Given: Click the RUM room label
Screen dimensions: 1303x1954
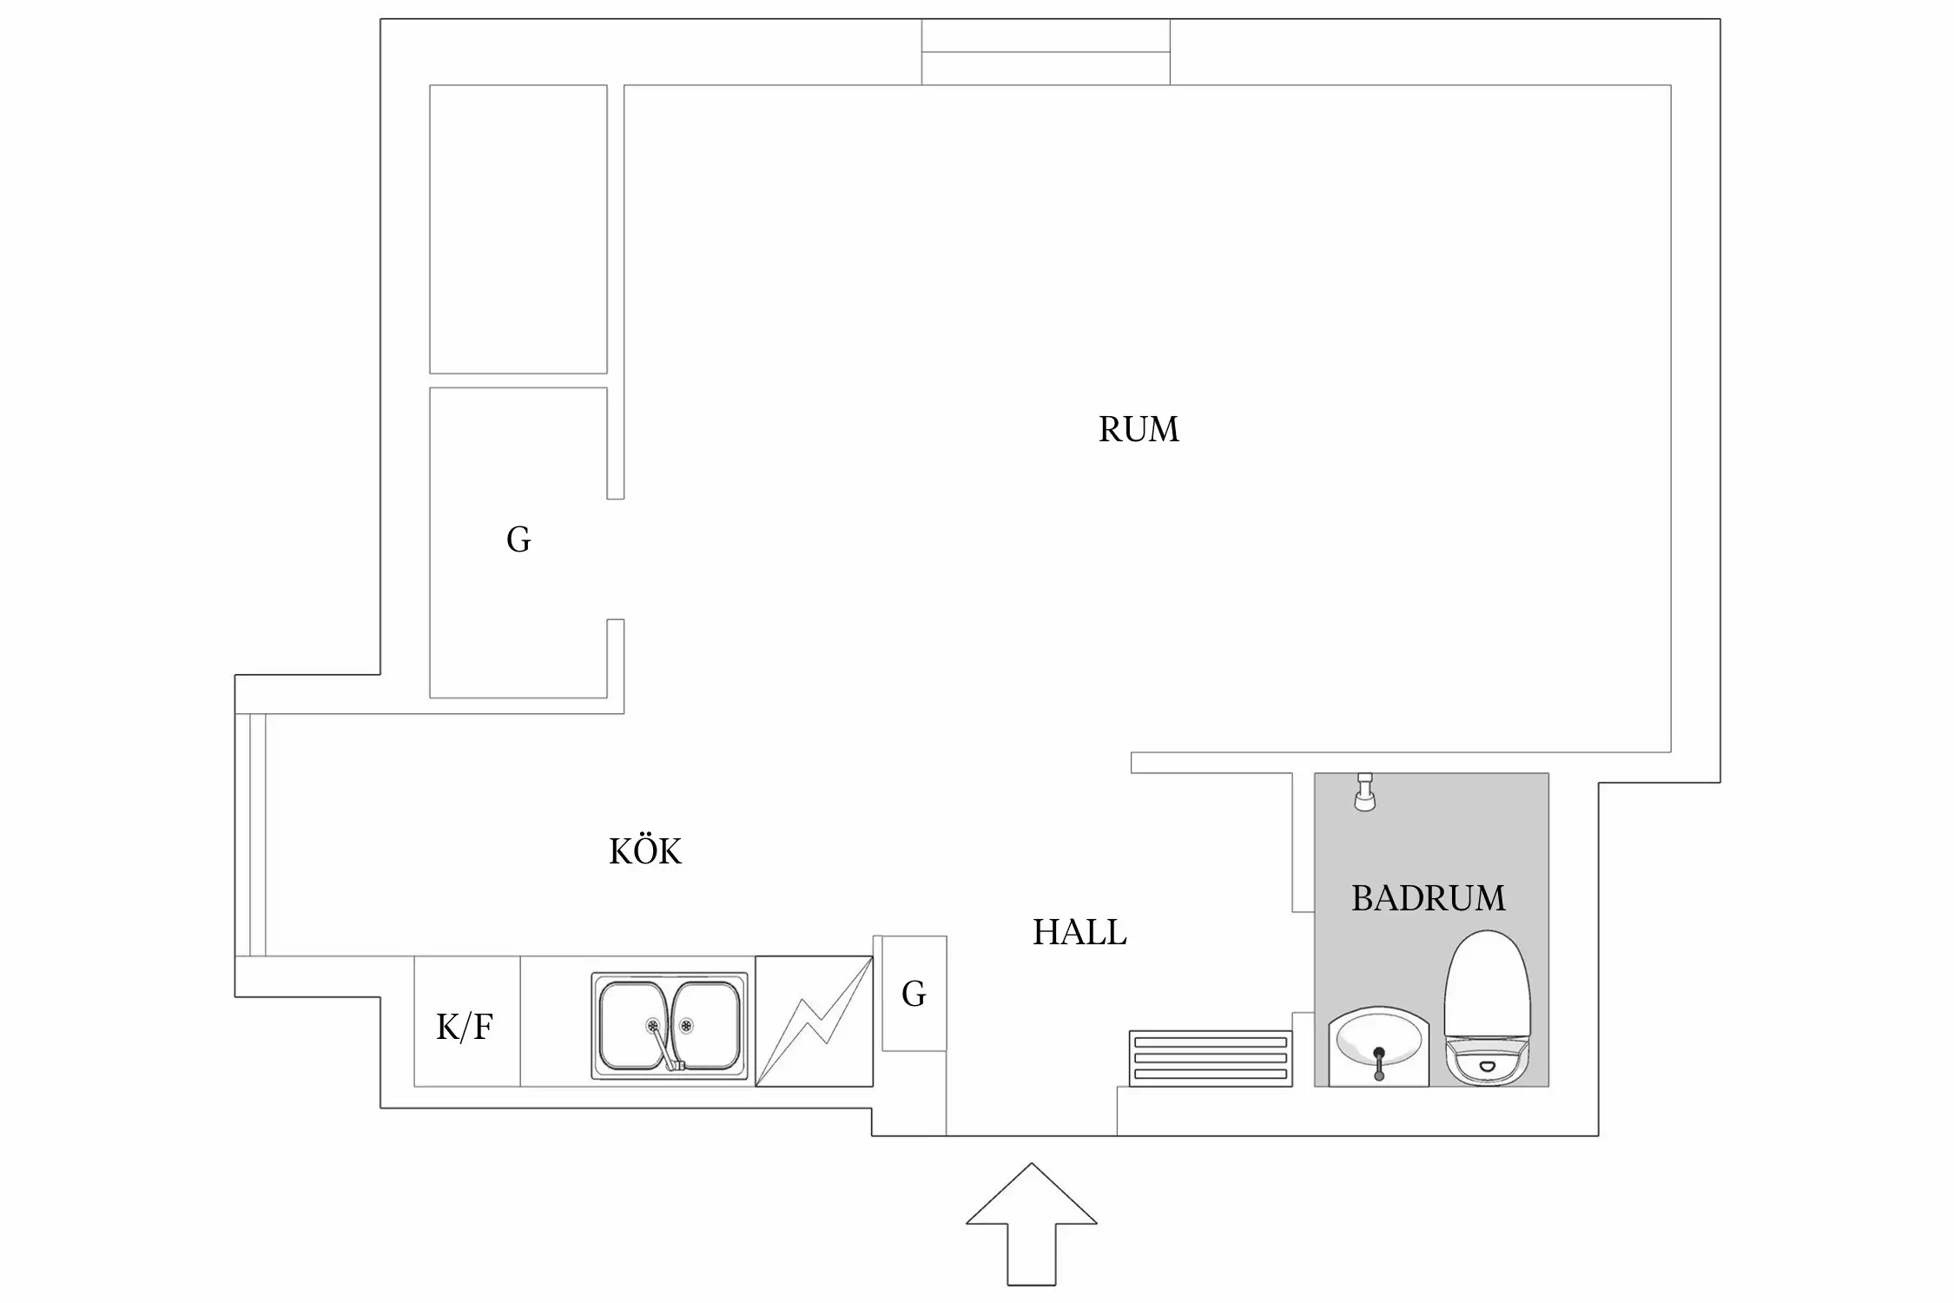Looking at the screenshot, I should tap(1139, 429).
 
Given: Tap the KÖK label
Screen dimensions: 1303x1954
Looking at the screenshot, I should tap(645, 851).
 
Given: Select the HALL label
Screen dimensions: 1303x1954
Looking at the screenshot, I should tap(1079, 932).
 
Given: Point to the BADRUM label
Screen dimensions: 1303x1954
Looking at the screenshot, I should tap(1429, 898).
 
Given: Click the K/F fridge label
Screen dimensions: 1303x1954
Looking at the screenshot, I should tap(465, 1027).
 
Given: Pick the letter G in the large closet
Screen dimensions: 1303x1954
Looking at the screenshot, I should tap(518, 539).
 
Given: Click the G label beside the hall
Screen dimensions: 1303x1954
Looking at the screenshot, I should tap(914, 993).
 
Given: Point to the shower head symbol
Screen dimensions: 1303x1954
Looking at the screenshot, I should tap(1365, 792).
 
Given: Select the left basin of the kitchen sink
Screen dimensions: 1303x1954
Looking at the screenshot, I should tap(634, 1025).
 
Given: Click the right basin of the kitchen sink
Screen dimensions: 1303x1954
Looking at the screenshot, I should tap(705, 1025).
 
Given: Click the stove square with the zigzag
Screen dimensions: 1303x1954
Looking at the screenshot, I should tap(814, 1021).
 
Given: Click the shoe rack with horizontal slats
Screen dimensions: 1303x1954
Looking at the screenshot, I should tap(1211, 1058).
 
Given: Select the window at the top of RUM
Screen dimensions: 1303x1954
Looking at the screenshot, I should tap(1046, 52).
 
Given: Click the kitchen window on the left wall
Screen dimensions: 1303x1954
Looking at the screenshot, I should tap(250, 835).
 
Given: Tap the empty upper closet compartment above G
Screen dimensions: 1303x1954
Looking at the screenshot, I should tap(518, 228).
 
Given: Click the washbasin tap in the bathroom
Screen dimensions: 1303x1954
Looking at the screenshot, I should tap(1379, 1062).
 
